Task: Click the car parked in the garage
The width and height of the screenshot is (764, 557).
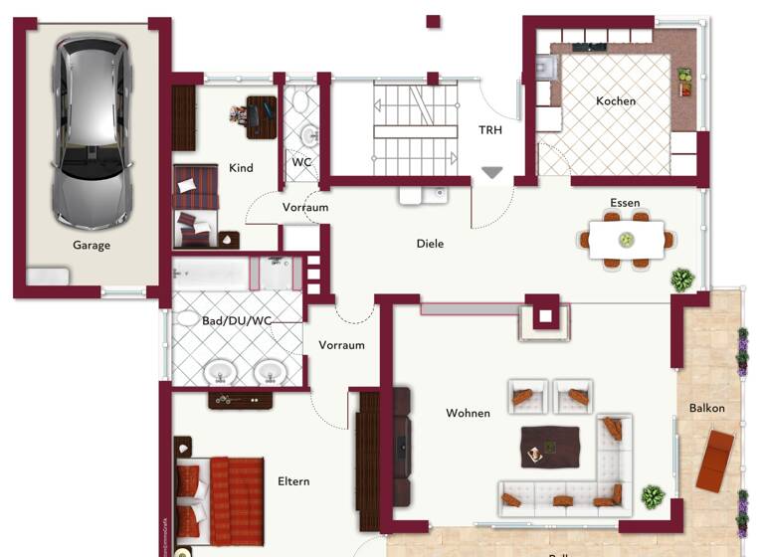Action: tap(90, 129)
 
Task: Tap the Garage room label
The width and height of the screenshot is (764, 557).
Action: tap(91, 245)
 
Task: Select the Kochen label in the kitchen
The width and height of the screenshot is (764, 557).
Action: tap(616, 101)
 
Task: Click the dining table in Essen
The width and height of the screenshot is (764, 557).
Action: tap(626, 240)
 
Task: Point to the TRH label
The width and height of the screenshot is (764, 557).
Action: tap(490, 130)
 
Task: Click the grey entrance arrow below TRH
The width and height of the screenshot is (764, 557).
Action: tap(491, 173)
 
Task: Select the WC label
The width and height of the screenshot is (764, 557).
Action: tap(301, 162)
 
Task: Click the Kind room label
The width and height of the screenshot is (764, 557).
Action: tap(241, 168)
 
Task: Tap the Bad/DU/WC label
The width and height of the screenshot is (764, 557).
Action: tap(237, 320)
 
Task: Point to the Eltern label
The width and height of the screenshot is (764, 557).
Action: tap(293, 481)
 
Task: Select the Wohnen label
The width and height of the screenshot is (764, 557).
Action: tap(468, 413)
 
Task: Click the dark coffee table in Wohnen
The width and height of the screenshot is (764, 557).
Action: tap(550, 446)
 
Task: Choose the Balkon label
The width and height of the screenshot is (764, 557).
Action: tap(707, 408)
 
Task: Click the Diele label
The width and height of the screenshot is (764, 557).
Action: tap(430, 244)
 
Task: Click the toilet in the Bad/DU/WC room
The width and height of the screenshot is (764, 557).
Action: tap(188, 320)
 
